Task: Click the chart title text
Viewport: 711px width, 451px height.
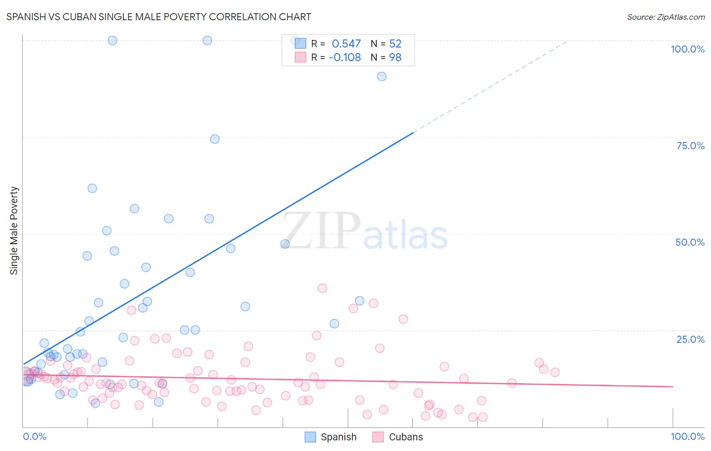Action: [x=158, y=17]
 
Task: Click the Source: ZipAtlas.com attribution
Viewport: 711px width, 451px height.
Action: [x=665, y=17]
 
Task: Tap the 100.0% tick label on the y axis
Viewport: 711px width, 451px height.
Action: [x=687, y=49]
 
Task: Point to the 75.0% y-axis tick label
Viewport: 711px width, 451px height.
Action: [x=690, y=146]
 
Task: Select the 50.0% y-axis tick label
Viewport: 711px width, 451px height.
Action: [x=690, y=242]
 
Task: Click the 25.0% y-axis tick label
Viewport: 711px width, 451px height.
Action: [x=690, y=339]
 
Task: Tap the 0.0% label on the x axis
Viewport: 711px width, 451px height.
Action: [x=34, y=436]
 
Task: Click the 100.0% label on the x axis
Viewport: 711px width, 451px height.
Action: [x=687, y=436]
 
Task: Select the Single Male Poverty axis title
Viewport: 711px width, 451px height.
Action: [x=14, y=231]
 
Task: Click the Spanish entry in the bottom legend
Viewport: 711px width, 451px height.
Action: [x=338, y=437]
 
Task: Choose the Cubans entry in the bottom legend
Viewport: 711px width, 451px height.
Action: [x=406, y=437]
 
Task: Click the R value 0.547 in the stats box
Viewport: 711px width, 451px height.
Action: [x=346, y=44]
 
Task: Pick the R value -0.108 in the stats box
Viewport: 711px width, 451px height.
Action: [x=344, y=58]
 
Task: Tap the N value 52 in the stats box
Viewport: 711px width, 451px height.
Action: [x=395, y=44]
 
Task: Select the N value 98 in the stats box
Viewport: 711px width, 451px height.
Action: [x=395, y=58]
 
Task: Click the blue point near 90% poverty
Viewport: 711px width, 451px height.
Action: [x=382, y=76]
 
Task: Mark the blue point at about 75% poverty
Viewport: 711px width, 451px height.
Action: [x=215, y=139]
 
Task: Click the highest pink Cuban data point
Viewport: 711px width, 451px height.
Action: [x=322, y=288]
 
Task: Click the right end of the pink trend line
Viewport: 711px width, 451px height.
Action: [x=672, y=386]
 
